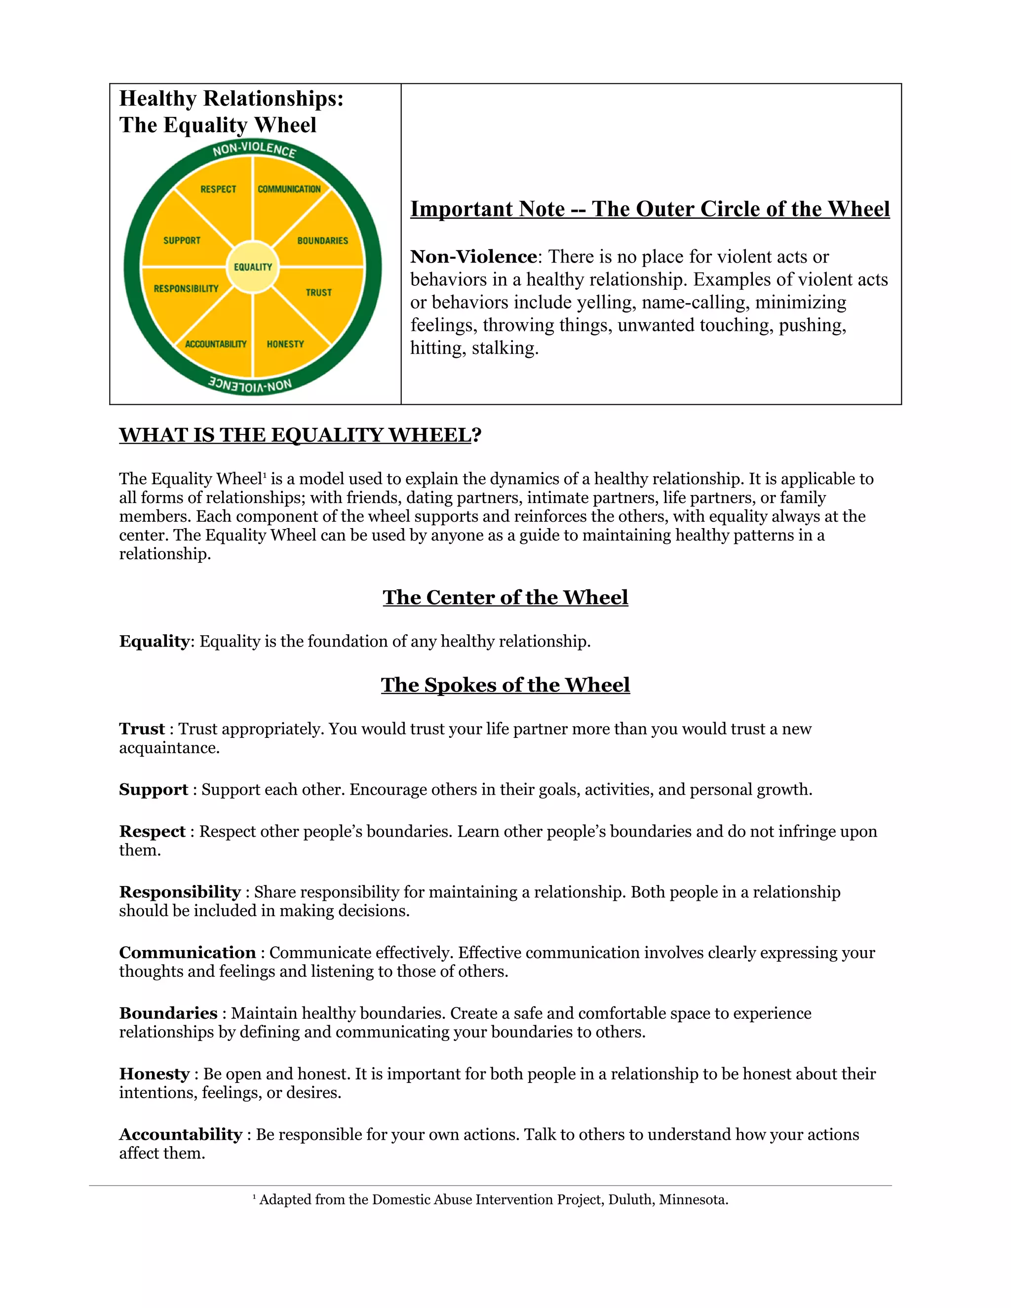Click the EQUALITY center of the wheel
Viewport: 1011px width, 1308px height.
pos(253,267)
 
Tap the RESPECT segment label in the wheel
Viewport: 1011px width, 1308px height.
pos(218,189)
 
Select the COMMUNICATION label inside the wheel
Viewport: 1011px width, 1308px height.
pos(289,189)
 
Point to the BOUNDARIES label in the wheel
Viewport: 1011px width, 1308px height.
pos(322,241)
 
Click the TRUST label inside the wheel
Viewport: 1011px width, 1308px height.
pos(318,292)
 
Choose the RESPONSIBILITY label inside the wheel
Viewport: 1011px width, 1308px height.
pos(186,289)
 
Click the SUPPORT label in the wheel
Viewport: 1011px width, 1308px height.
pos(182,241)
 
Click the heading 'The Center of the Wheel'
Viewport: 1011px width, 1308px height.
pos(505,597)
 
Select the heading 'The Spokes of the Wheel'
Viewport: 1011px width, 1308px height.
pos(505,685)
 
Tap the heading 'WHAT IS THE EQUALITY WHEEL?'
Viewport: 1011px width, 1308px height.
pos(300,435)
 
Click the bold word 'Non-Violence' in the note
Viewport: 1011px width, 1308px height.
pos(473,257)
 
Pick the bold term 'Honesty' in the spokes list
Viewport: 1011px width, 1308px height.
pos(154,1074)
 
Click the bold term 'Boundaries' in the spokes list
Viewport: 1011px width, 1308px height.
pos(168,1013)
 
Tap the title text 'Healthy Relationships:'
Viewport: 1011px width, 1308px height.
pos(231,99)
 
